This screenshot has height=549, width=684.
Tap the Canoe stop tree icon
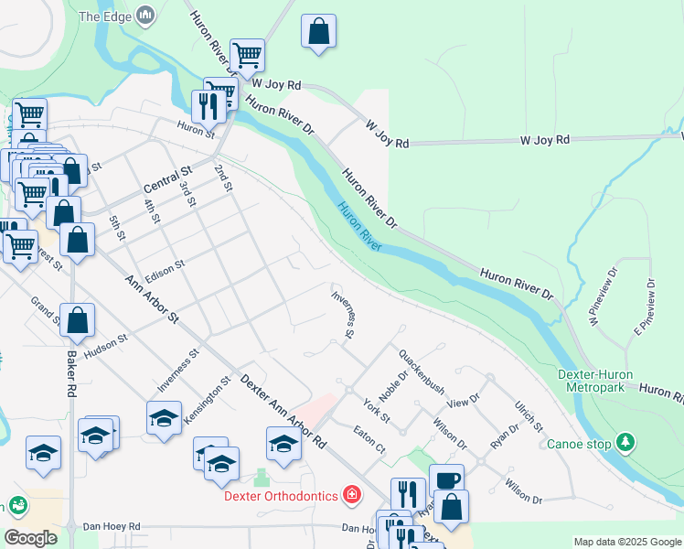625,444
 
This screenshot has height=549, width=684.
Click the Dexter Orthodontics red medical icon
351,496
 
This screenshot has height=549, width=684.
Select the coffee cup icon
446,479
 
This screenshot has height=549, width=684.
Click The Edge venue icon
145,16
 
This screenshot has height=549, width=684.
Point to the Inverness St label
342,314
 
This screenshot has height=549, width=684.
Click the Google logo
30,538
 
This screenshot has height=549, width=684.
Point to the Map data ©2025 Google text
626,542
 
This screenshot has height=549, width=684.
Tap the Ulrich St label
529,414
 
